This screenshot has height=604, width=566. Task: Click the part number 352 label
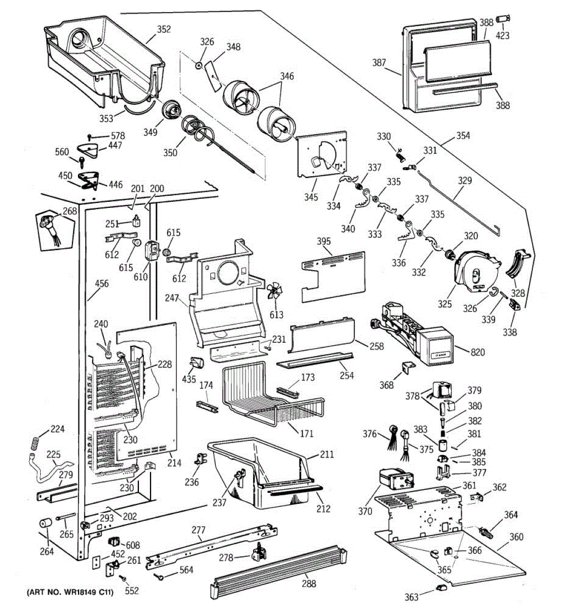pyautogui.click(x=164, y=30)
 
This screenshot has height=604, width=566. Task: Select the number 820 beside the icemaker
pyautogui.click(x=477, y=352)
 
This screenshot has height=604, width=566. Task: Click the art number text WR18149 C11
pyautogui.click(x=83, y=592)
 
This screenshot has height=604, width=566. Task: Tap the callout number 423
pyautogui.click(x=503, y=36)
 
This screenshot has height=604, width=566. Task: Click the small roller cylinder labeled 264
pyautogui.click(x=46, y=523)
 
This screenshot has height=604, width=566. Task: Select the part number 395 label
pyautogui.click(x=324, y=241)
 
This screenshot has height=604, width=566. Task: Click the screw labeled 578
pyautogui.click(x=90, y=137)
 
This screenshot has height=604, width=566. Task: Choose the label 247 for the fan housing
pyautogui.click(x=172, y=298)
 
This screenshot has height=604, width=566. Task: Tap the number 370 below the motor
pyautogui.click(x=365, y=511)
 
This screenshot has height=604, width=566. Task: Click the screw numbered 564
pyautogui.click(x=159, y=576)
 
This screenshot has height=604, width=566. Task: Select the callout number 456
pyautogui.click(x=102, y=283)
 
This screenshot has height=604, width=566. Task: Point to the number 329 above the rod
pyautogui.click(x=465, y=181)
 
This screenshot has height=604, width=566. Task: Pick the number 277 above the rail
pyautogui.click(x=198, y=530)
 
